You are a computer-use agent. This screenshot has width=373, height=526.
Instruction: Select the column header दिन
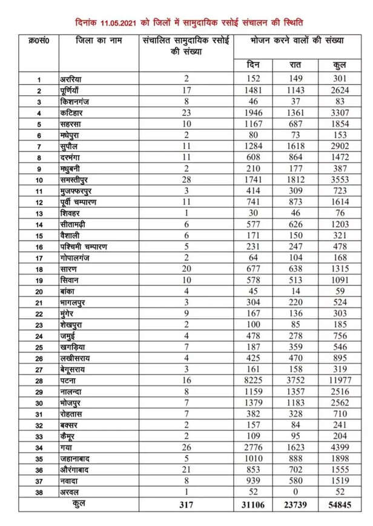(253, 65)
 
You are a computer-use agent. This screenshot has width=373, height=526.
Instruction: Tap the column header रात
(297, 65)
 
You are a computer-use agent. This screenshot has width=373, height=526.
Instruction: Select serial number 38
(39, 493)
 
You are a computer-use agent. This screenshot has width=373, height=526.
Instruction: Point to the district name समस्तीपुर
(79, 179)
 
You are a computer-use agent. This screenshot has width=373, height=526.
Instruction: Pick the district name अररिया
(74, 79)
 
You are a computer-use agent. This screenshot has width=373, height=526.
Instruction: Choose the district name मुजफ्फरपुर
(81, 191)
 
